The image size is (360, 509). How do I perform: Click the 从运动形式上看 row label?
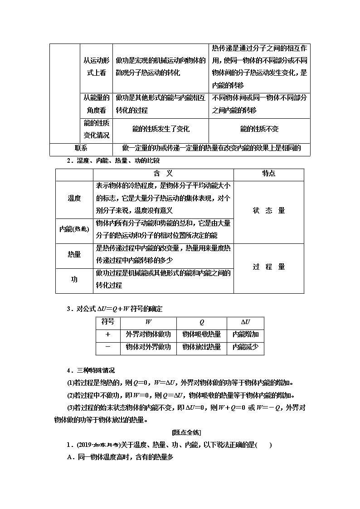(96, 67)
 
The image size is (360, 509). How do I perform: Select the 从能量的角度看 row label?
(96, 104)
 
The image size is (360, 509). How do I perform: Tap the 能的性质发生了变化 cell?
(161, 129)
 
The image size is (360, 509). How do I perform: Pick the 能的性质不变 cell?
(259, 129)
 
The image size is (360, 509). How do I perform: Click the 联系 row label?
(81, 148)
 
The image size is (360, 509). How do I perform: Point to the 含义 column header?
(163, 174)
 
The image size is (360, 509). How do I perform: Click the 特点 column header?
(269, 174)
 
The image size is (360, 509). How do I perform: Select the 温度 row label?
(74, 198)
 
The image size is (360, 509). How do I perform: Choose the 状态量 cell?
(269, 211)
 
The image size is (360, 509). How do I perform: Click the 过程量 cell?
(269, 267)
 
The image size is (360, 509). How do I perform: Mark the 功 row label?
(74, 280)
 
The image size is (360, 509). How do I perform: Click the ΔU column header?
(245, 322)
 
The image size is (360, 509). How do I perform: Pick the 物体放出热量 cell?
(201, 347)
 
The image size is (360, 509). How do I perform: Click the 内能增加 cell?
(245, 334)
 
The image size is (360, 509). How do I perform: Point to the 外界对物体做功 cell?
(148, 334)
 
